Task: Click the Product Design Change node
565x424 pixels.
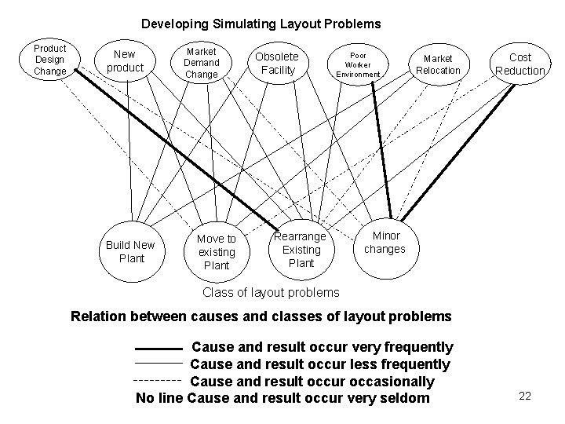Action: click(x=50, y=60)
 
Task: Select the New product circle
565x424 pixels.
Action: click(x=124, y=61)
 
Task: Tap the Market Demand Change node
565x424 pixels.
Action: click(x=201, y=62)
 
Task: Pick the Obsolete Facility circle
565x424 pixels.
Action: click(x=277, y=63)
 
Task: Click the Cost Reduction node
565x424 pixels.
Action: click(x=519, y=64)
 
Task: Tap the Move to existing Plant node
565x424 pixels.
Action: click(x=216, y=251)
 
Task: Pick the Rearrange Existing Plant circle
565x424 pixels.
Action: click(x=301, y=250)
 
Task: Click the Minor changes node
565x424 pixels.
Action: click(x=385, y=242)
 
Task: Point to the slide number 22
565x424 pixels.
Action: click(x=525, y=396)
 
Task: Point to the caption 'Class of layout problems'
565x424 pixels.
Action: click(x=271, y=292)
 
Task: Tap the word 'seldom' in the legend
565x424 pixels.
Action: click(x=408, y=399)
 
